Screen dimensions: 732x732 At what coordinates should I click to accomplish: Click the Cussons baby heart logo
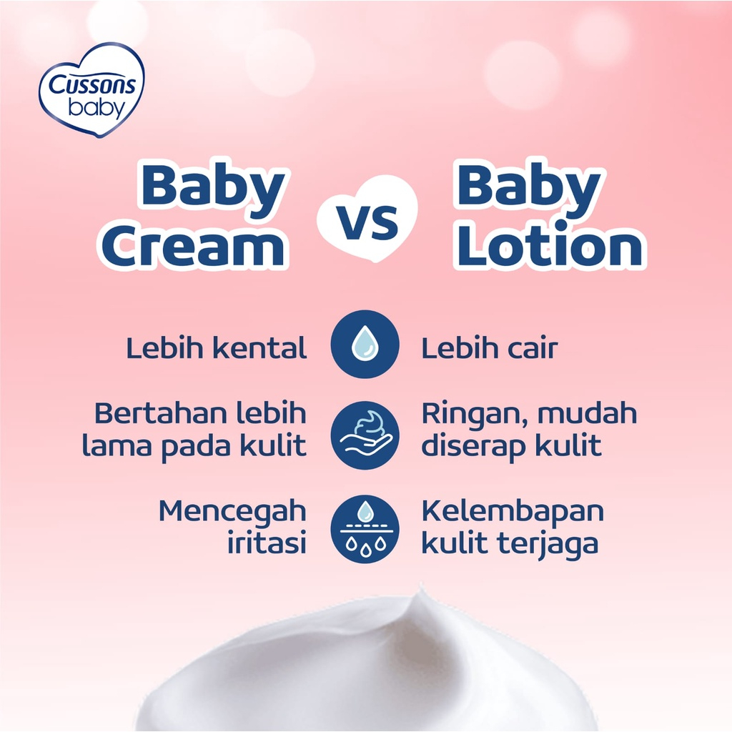[91, 90]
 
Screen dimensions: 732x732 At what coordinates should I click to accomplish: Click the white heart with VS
[367, 219]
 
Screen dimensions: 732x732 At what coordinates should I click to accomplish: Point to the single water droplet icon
[365, 345]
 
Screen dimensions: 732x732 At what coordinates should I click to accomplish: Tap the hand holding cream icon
[365, 435]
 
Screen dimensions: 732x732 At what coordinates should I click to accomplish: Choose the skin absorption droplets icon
[365, 529]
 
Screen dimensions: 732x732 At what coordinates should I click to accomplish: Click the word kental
[263, 349]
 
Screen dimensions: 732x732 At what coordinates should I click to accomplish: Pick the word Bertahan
[150, 414]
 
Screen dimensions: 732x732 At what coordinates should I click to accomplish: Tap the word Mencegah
[232, 512]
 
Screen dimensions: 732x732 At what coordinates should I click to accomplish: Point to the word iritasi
[266, 543]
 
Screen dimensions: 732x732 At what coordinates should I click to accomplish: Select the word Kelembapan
[512, 512]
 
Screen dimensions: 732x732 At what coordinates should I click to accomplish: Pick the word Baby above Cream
[213, 187]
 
